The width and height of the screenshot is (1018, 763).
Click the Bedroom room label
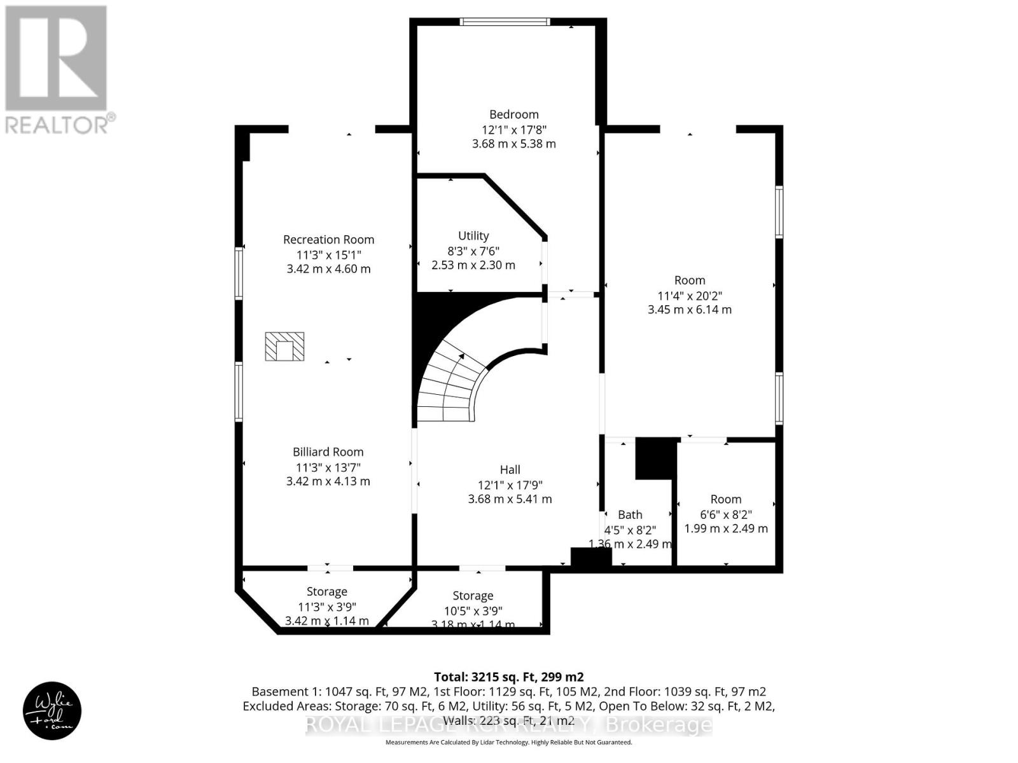pos(513,114)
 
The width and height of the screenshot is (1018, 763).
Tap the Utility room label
pos(473,235)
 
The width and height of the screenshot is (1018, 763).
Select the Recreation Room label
pos(328,240)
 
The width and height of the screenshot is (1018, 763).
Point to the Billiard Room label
pos(328,452)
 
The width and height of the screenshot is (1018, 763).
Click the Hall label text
pos(510,470)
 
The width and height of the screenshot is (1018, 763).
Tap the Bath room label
pos(630,514)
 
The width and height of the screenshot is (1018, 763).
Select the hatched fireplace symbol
pos(284,347)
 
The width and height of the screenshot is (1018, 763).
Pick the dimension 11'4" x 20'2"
pos(690,295)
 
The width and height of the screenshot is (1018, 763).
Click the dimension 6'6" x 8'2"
pos(726,514)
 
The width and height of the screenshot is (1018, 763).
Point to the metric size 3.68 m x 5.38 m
pos(513,144)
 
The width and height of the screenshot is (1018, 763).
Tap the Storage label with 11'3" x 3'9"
pos(327,592)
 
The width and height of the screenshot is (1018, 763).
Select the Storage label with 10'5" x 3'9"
pos(473,596)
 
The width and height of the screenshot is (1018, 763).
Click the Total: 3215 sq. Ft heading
pos(508,677)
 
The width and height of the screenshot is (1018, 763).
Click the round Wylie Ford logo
pos(52,711)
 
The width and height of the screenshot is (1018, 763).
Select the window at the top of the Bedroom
pos(505,22)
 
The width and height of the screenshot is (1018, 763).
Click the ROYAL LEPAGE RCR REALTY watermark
pos(508,725)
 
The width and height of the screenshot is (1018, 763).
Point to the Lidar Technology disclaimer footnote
pos(508,742)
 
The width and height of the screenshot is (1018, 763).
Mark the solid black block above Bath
pos(656,458)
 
